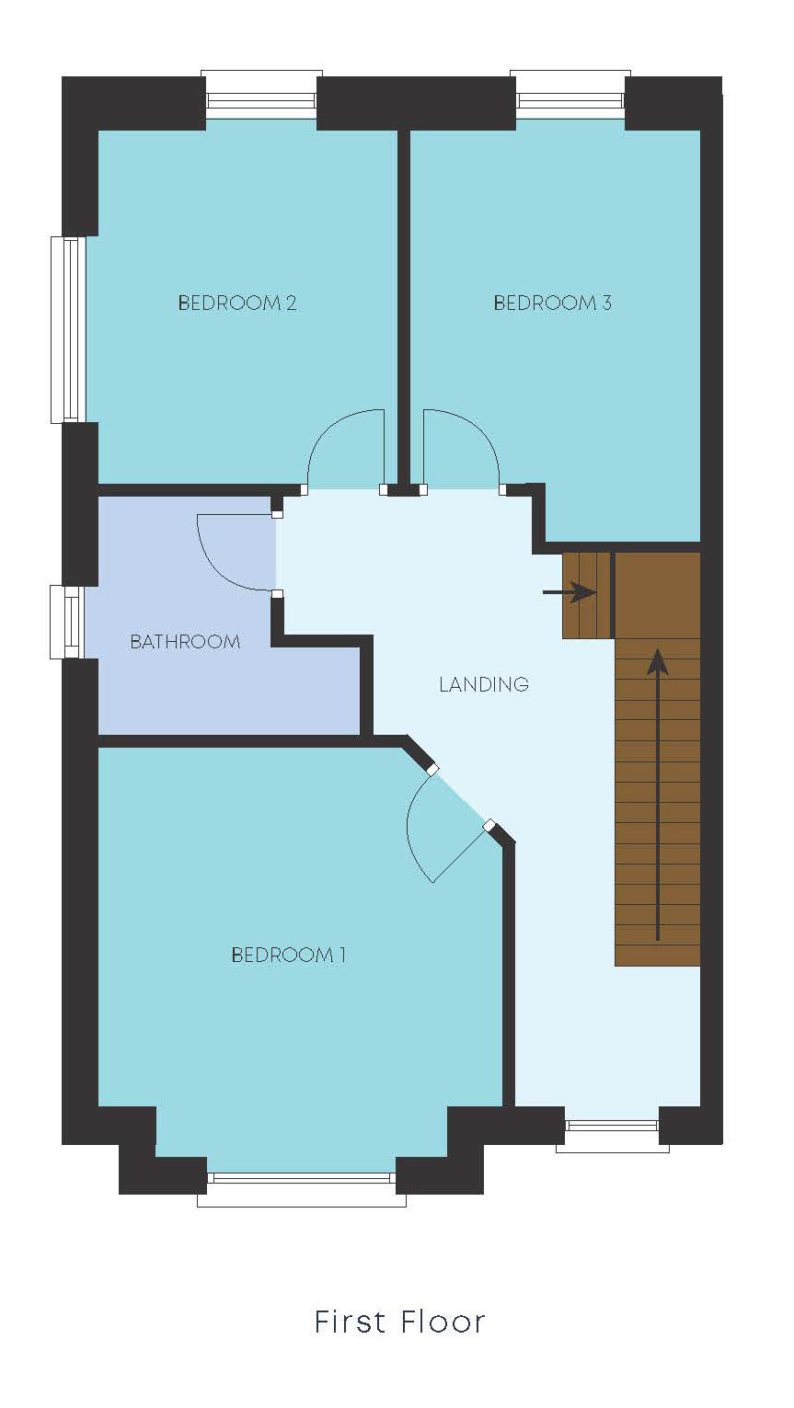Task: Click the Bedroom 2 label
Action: (237, 303)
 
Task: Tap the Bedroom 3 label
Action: (552, 303)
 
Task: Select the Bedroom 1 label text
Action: (288, 955)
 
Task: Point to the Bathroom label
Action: (185, 641)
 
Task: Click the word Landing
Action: (484, 684)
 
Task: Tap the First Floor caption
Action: (399, 1322)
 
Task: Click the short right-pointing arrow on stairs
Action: (570, 592)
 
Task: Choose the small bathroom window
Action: (67, 622)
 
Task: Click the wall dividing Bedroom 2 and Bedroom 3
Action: (403, 303)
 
